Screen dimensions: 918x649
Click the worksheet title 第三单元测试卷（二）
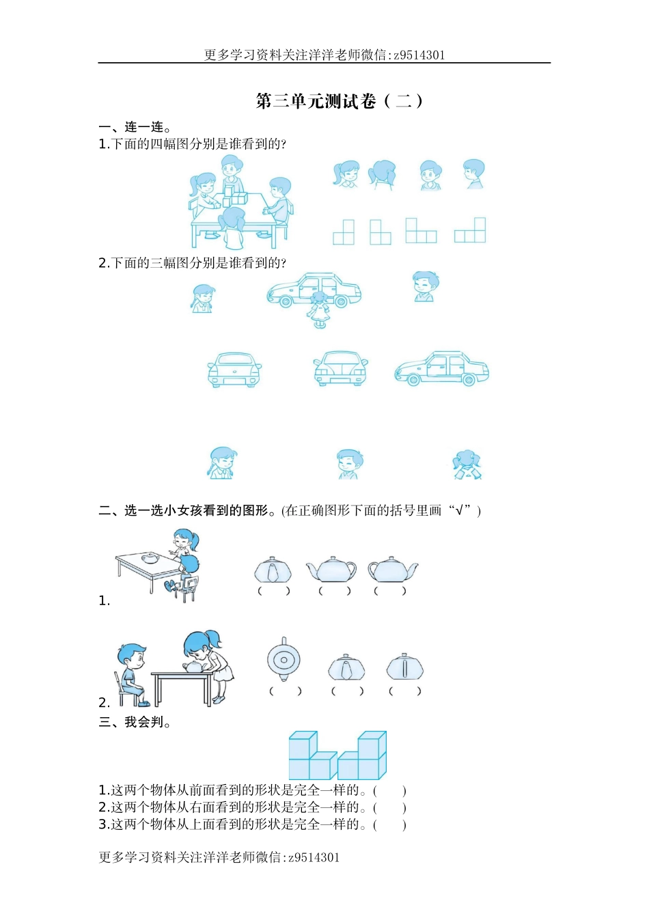tap(340, 101)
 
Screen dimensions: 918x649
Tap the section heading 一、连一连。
tap(135, 127)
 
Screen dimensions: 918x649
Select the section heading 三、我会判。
tap(135, 722)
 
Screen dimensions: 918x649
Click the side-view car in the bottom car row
tap(441, 370)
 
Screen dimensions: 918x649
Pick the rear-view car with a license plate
tap(234, 370)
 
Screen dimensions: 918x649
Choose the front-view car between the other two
tap(340, 369)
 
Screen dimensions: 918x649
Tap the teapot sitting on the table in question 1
tap(150, 558)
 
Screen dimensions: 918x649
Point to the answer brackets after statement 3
tap(390, 824)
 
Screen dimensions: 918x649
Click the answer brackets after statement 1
tap(390, 791)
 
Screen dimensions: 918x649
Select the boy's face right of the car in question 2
tap(425, 286)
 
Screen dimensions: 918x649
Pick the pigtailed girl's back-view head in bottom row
tap(467, 465)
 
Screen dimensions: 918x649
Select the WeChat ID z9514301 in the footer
tap(314, 857)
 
